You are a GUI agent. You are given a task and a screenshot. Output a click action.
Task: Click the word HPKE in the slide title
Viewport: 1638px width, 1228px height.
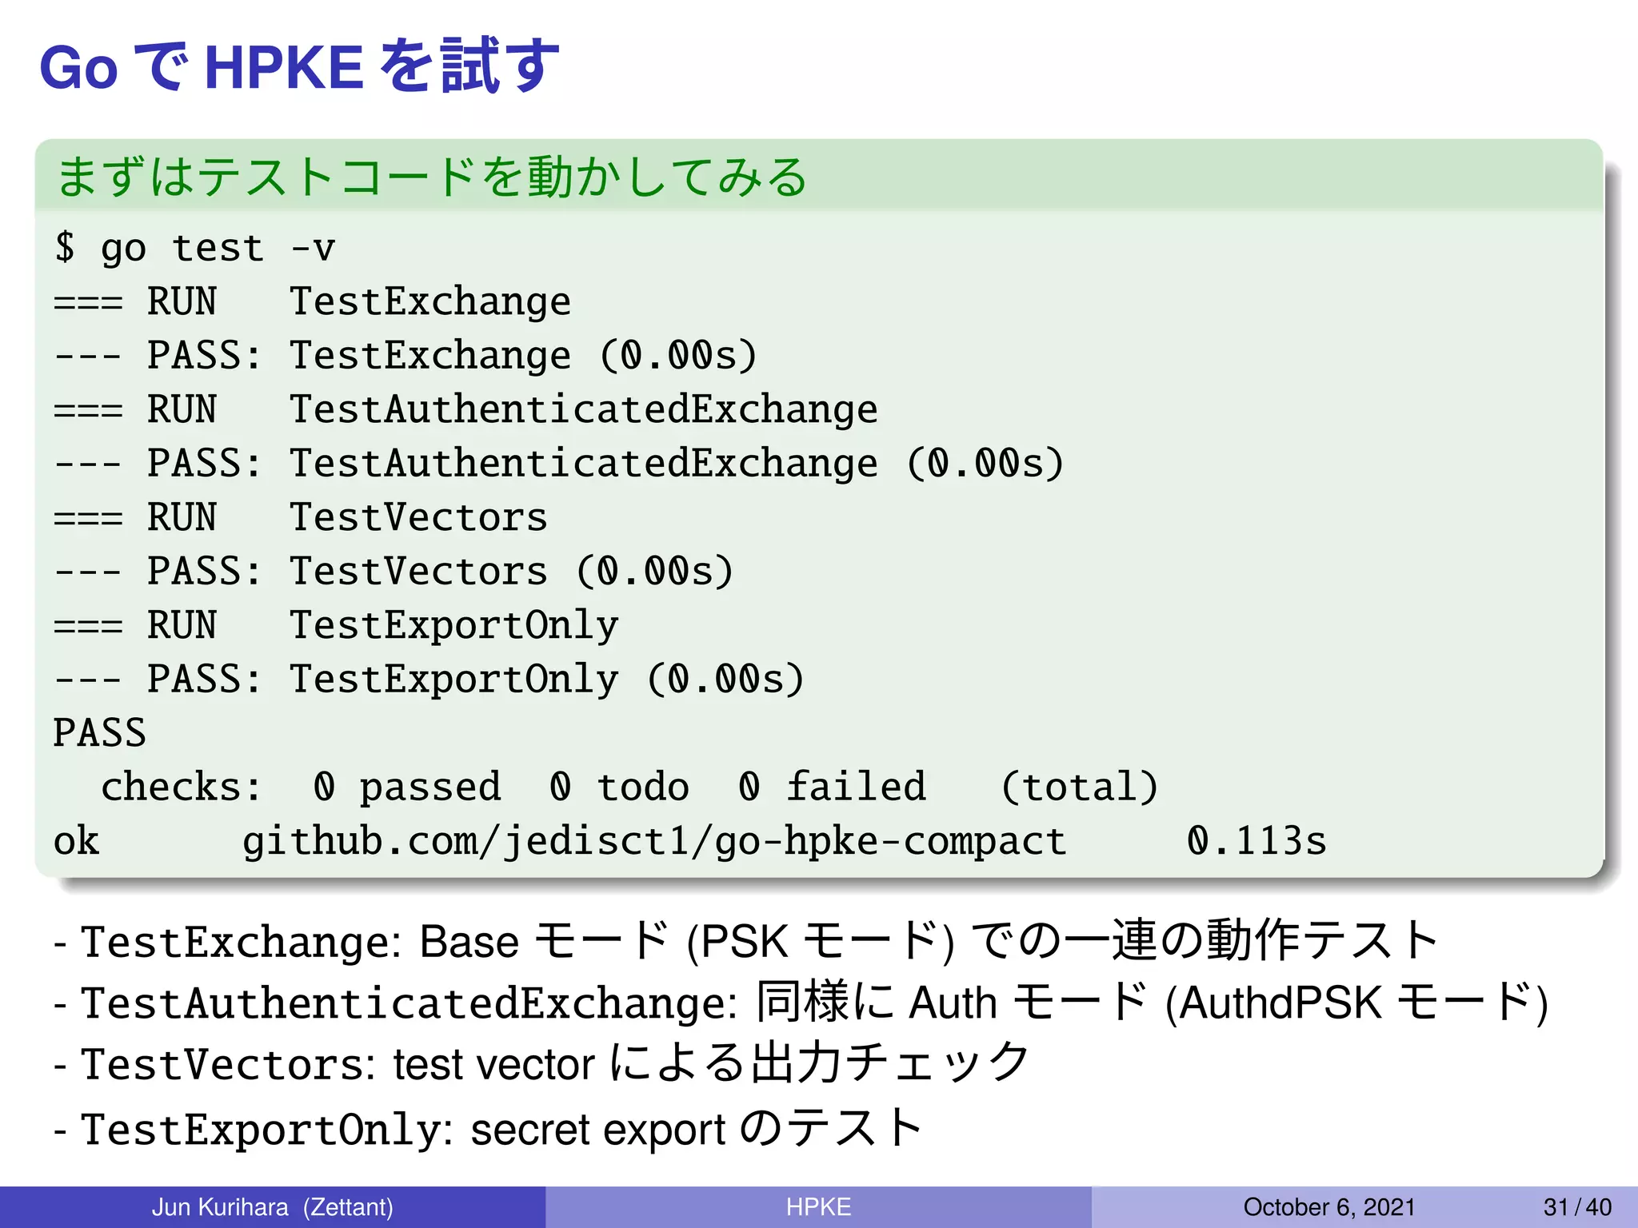[x=284, y=68]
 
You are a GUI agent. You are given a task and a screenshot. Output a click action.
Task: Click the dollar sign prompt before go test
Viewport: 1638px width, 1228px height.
[x=65, y=247]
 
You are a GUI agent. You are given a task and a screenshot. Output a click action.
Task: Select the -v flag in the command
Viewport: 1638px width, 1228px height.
[x=313, y=248]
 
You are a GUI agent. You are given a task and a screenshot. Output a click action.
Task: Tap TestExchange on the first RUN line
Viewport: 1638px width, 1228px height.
[x=429, y=302]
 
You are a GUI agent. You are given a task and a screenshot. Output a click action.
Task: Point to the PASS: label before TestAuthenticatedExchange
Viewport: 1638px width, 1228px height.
[x=204, y=464]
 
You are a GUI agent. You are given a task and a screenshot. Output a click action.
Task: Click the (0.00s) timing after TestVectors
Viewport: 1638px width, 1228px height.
[x=654, y=572]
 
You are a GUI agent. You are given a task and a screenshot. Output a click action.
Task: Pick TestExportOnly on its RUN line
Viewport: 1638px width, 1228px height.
[x=453, y=625]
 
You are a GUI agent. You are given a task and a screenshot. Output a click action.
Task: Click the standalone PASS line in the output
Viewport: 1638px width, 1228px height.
[x=100, y=733]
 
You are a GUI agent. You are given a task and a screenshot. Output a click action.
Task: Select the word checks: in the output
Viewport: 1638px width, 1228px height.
[x=181, y=787]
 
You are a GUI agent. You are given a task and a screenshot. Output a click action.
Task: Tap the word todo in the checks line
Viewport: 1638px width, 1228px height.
[x=643, y=787]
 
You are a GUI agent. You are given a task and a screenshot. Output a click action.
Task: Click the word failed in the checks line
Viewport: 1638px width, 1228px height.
[x=856, y=787]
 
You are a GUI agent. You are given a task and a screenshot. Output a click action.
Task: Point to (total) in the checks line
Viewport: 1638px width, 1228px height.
[x=1079, y=787]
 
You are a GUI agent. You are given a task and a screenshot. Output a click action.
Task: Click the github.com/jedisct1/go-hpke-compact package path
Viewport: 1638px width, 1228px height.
[x=654, y=842]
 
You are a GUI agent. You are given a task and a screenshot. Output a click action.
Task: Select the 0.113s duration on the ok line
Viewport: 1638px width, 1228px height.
[x=1256, y=842]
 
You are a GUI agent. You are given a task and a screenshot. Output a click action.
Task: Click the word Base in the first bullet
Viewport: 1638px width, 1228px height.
[x=469, y=942]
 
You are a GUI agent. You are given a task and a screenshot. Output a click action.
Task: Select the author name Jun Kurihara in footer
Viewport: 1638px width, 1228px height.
[x=220, y=1207]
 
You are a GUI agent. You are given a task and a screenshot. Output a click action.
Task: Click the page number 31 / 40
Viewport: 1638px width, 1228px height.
[x=1577, y=1207]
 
